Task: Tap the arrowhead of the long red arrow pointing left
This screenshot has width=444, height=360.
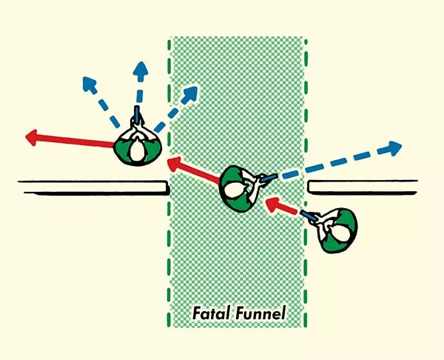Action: tap(32, 136)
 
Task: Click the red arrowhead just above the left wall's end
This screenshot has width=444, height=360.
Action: tap(173, 161)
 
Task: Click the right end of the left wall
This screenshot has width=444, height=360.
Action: tap(166, 187)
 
